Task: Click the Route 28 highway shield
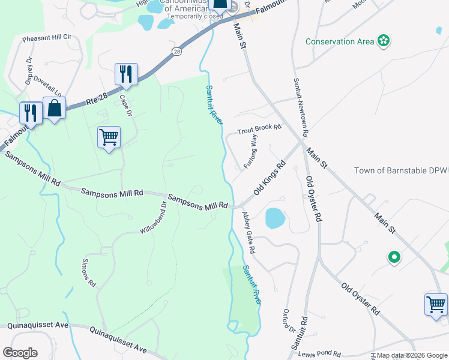tap(176, 52)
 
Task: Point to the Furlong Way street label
tap(250, 152)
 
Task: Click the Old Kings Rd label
tap(269, 178)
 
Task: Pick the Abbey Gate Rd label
tap(249, 232)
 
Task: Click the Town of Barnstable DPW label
tap(401, 170)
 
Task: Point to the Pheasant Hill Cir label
tap(47, 37)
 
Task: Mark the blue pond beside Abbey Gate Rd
tap(274, 218)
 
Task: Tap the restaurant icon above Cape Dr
tap(126, 74)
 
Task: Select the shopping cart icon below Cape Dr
tap(109, 137)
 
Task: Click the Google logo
tap(20, 353)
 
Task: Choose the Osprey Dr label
tap(28, 71)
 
